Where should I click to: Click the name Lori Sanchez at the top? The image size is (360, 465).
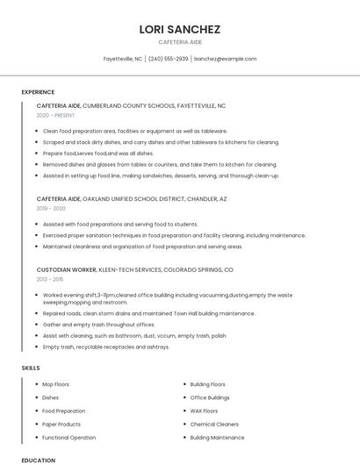click(180, 29)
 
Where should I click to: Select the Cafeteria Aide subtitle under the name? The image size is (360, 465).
click(180, 42)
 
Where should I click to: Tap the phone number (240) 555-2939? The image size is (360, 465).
click(168, 59)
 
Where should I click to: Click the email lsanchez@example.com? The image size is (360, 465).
click(225, 59)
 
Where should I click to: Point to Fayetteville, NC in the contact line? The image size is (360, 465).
click(123, 59)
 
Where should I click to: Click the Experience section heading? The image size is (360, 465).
click(38, 92)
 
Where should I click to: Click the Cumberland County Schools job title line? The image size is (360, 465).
click(131, 105)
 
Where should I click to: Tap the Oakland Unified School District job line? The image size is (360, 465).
click(132, 199)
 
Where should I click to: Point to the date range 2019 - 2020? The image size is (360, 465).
click(51, 209)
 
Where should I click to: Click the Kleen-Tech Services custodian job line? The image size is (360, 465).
click(134, 270)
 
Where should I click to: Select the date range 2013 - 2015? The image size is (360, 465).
click(51, 280)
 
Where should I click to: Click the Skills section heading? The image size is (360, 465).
click(31, 368)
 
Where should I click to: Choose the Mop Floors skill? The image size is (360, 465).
click(55, 384)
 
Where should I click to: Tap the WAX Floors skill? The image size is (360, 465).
click(204, 411)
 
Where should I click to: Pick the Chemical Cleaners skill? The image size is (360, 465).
click(214, 424)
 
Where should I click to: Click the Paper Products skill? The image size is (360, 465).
click(61, 424)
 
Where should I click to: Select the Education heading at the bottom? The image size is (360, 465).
click(38, 460)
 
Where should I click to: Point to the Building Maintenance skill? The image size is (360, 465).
click(217, 437)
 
